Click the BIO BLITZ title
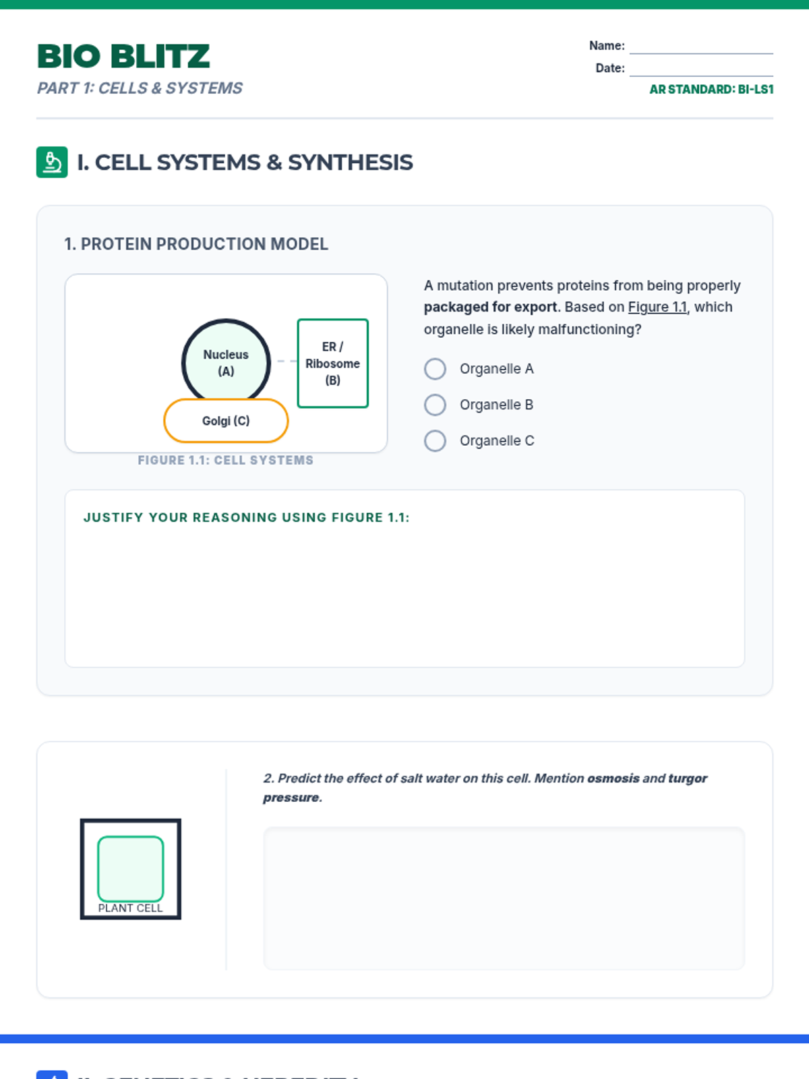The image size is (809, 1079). coord(123,57)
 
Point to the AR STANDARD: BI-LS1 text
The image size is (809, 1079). coord(711,89)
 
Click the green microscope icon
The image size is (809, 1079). coord(52,163)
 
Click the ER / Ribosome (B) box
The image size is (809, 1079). coord(332,363)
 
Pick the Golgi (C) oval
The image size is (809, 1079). coord(226,421)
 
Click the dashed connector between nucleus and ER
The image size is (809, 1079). coord(287,361)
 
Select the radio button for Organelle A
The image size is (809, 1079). coord(435,369)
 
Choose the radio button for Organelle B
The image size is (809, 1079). coord(435,405)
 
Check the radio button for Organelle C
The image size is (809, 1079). coord(435,441)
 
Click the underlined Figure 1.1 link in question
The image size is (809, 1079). coord(657,308)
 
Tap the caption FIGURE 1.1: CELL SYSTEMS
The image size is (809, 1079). coord(225,461)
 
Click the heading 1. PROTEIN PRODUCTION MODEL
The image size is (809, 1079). coord(196,244)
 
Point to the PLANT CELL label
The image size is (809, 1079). coord(130,908)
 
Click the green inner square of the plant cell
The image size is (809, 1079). coord(131,867)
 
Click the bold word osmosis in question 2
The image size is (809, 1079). coord(613,778)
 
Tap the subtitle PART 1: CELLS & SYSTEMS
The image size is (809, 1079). coord(140,88)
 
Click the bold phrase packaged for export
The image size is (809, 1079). coord(490,308)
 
